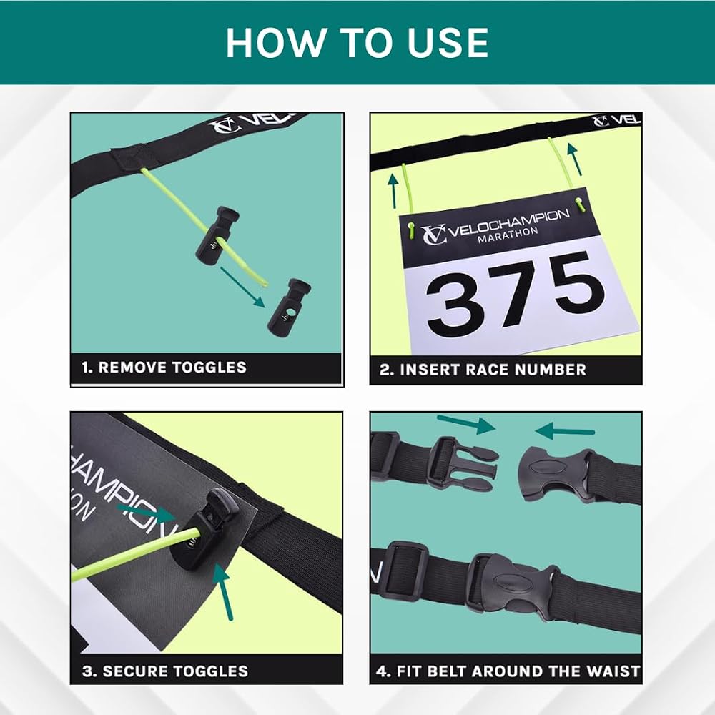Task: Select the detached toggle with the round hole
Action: click(x=289, y=307)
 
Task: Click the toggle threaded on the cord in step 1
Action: click(x=216, y=234)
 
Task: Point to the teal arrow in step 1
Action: click(x=242, y=287)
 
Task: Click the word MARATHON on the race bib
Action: click(x=508, y=235)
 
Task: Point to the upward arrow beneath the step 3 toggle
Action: click(x=225, y=592)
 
